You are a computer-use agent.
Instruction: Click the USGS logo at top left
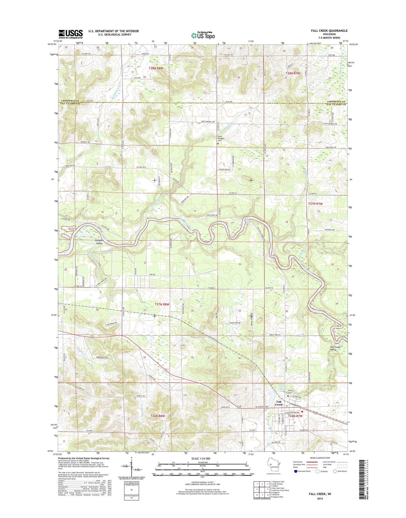pos(71,34)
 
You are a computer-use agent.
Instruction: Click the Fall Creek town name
pos(279,403)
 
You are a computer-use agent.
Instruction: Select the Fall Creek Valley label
pos(335,348)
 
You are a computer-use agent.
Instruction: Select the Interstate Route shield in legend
pos(296,479)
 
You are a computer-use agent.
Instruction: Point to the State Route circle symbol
pos(335,479)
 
